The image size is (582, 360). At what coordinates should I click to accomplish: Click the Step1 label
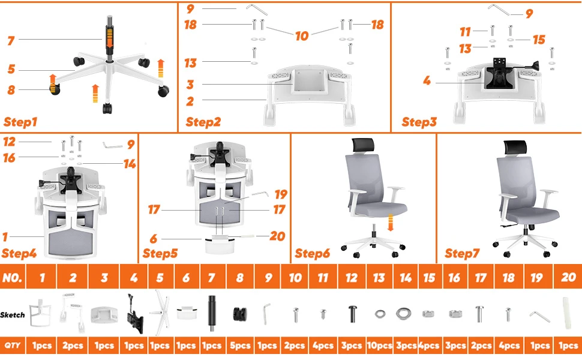point(20,122)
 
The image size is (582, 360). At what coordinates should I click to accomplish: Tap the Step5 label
point(160,253)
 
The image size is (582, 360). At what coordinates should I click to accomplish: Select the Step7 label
point(462,253)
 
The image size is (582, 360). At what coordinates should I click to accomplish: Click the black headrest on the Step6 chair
point(362,145)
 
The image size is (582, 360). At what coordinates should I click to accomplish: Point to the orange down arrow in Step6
point(390,223)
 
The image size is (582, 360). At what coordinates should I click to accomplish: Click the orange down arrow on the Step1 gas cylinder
point(109,38)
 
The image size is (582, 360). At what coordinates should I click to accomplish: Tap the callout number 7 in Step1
point(11,40)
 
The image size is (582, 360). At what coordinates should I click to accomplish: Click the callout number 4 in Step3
point(427,80)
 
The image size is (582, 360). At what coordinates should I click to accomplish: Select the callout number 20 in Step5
point(277,236)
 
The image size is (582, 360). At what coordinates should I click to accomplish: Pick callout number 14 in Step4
point(130,164)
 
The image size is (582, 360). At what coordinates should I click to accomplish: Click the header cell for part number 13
point(379,277)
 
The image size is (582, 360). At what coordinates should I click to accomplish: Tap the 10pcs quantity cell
point(379,346)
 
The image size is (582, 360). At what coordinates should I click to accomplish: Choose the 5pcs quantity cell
point(240,346)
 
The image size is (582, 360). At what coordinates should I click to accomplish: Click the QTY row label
point(12,346)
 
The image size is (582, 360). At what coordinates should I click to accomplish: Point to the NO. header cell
point(12,277)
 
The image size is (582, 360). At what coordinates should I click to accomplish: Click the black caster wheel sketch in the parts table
point(240,314)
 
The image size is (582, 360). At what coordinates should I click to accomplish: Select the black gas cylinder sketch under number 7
point(212,313)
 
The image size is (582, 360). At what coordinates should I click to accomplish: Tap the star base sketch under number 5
point(160,313)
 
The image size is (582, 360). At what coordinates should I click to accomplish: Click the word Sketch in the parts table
point(12,315)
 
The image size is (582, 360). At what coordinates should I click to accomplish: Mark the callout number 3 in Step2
point(190,85)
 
